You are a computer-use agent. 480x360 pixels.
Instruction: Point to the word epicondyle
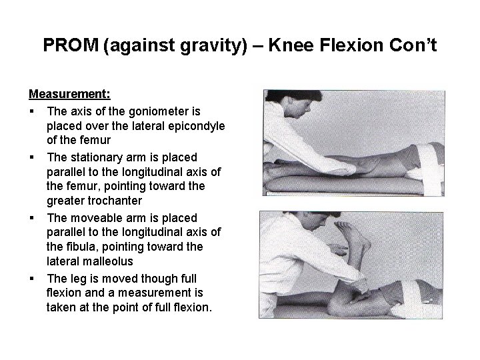189,126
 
